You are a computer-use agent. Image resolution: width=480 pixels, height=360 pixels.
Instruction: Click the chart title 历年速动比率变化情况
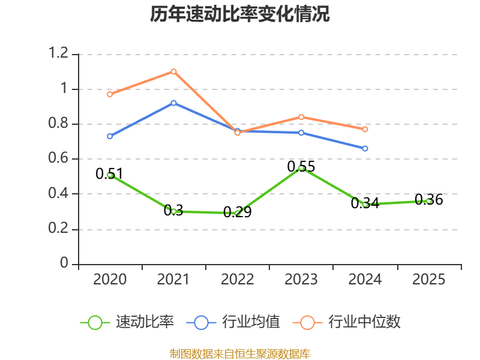pos(239,14)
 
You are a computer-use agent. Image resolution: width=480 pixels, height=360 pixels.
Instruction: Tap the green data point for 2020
pos(110,175)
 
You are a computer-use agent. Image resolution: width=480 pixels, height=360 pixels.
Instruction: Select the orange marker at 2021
pos(173,71)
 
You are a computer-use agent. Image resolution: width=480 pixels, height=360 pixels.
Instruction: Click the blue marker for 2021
pos(173,103)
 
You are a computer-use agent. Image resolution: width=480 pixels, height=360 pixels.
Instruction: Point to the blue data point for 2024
pos(365,148)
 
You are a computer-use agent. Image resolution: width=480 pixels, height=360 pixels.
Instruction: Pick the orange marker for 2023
pos(301,117)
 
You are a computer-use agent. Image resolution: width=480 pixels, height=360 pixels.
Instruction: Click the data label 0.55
pos(301,167)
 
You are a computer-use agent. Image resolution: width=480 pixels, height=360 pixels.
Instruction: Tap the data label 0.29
pos(238,212)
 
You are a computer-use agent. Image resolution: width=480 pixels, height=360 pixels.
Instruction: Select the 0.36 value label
pos(429,200)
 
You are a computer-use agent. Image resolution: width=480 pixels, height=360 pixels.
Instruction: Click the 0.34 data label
pos(365,203)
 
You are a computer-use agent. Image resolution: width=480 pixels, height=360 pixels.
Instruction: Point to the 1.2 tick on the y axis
pos(58,53)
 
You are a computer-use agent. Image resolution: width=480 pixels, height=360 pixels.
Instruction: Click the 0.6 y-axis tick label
pos(58,158)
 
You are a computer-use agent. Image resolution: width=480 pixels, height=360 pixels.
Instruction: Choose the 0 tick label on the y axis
pos(64,263)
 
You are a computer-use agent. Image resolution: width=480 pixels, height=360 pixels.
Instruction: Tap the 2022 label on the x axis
pos(238,280)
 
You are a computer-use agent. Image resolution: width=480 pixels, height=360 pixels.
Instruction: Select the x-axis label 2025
pos(429,280)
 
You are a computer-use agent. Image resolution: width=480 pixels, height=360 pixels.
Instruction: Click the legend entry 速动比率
pos(127,322)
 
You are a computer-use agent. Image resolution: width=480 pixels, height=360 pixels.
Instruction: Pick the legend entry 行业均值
pos(233,322)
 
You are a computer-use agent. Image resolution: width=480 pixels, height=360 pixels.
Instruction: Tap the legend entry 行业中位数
pos(347,322)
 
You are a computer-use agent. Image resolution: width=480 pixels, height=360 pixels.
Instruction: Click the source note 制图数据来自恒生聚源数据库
pos(240,353)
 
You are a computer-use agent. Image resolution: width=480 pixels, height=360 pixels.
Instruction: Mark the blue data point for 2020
pos(110,136)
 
